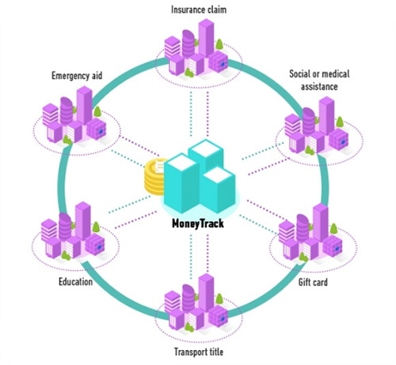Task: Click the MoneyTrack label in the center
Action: pos(198,224)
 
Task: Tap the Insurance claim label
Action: pos(198,9)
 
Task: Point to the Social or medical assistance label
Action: pos(321,80)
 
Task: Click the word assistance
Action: pos(321,87)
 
